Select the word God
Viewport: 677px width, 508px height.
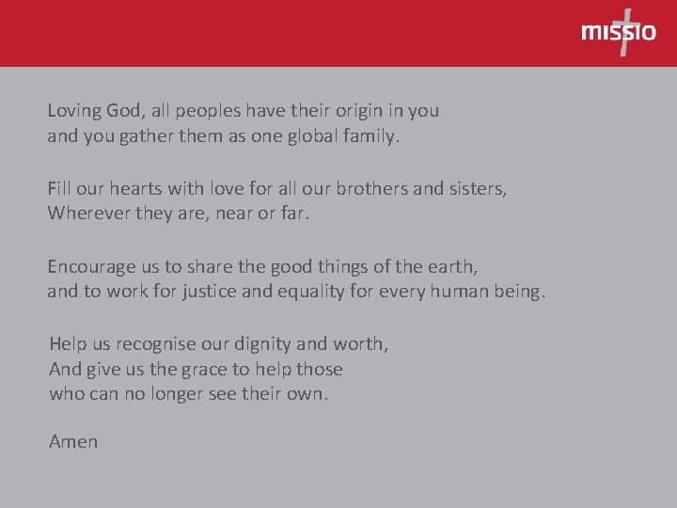pyautogui.click(x=128, y=111)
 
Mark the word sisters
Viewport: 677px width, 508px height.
pyautogui.click(x=478, y=188)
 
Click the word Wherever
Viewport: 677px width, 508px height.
pyautogui.click(x=87, y=214)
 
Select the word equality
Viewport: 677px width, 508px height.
pyautogui.click(x=311, y=292)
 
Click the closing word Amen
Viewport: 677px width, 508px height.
pyautogui.click(x=73, y=441)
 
